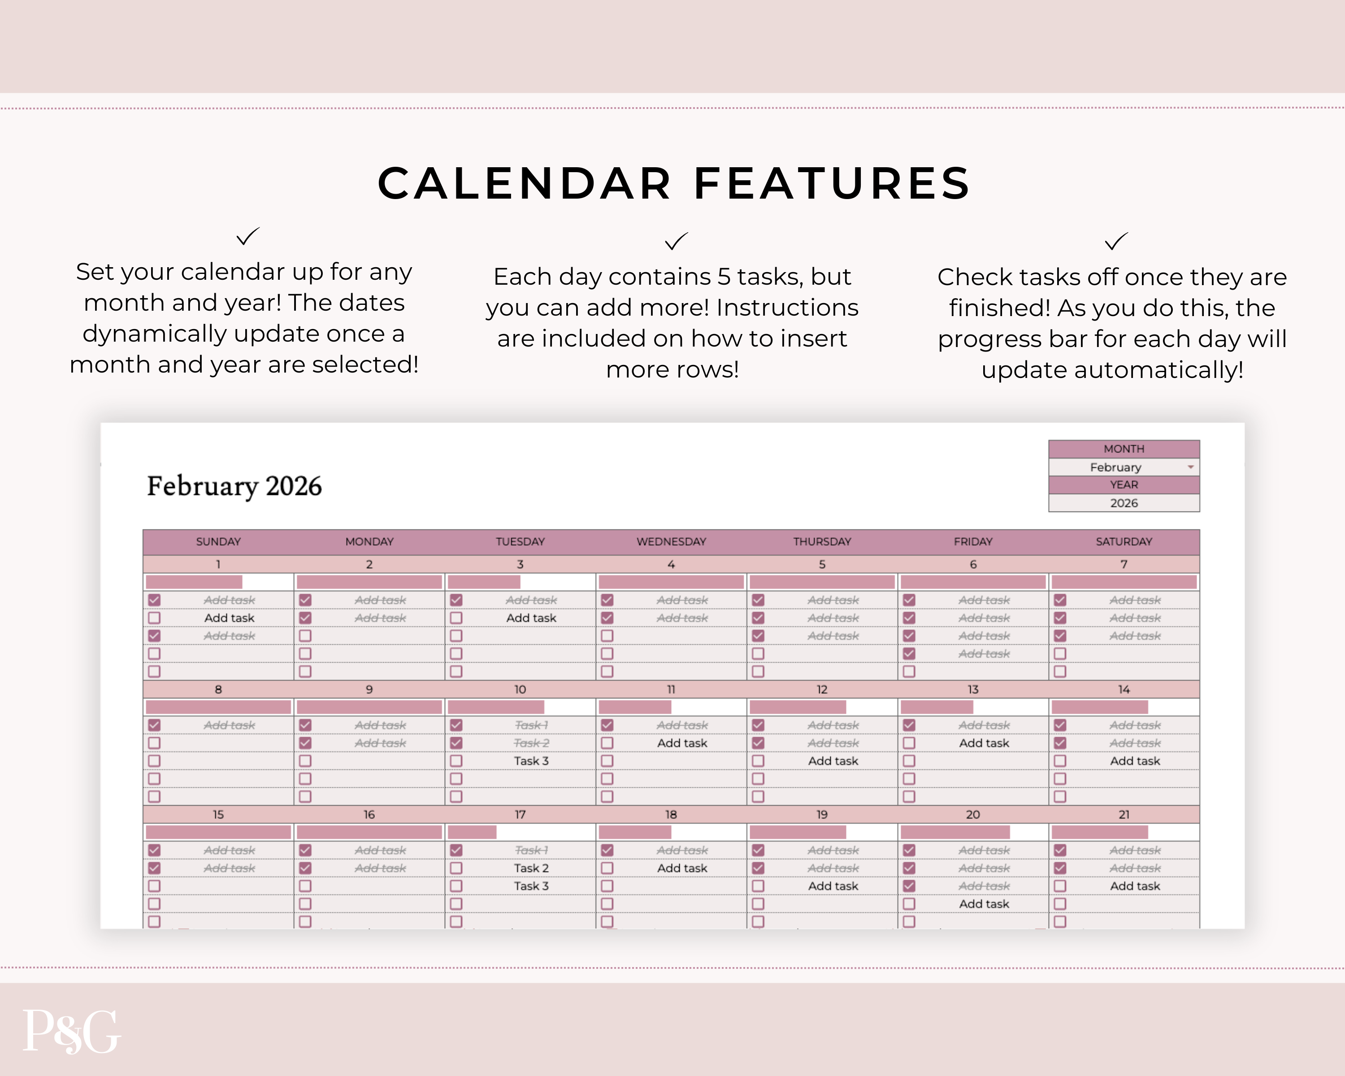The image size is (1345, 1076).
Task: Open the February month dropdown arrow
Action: [1190, 467]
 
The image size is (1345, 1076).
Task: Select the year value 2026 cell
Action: [1124, 503]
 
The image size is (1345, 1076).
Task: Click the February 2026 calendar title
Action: [234, 486]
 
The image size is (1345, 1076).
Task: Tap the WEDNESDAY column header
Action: [671, 542]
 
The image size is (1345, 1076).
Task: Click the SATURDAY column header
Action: [1124, 542]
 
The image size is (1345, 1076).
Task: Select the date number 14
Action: [1124, 689]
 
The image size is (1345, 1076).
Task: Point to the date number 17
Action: [520, 815]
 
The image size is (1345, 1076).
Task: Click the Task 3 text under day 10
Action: [531, 761]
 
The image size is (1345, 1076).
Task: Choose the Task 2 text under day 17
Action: [531, 868]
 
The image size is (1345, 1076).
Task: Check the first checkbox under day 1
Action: [154, 600]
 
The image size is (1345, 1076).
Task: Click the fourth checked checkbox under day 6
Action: [909, 654]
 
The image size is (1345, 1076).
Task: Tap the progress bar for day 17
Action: [472, 832]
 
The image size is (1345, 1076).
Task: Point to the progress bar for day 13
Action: [937, 707]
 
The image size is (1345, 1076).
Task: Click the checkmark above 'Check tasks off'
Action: [1115, 241]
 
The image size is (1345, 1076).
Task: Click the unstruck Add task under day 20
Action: [984, 904]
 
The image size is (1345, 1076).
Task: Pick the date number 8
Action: [218, 689]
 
